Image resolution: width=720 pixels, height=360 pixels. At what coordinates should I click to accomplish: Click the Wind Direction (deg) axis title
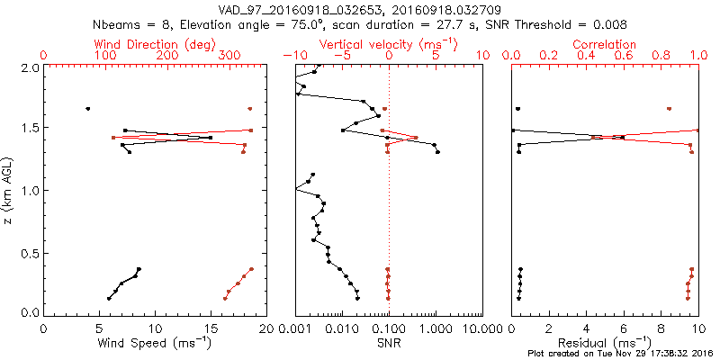(x=156, y=43)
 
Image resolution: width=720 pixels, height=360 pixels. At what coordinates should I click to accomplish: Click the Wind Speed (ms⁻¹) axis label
(x=155, y=343)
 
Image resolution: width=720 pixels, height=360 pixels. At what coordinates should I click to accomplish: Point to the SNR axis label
(x=388, y=343)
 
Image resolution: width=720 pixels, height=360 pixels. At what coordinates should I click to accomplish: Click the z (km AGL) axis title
(x=10, y=189)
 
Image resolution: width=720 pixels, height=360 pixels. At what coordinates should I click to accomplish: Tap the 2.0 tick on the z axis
(x=29, y=67)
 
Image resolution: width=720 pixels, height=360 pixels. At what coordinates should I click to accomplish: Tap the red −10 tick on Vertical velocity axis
(x=294, y=56)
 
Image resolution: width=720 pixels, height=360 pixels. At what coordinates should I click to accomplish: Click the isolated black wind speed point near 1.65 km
(x=87, y=109)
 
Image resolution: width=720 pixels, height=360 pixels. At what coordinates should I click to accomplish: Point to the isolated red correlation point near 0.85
(x=669, y=109)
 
